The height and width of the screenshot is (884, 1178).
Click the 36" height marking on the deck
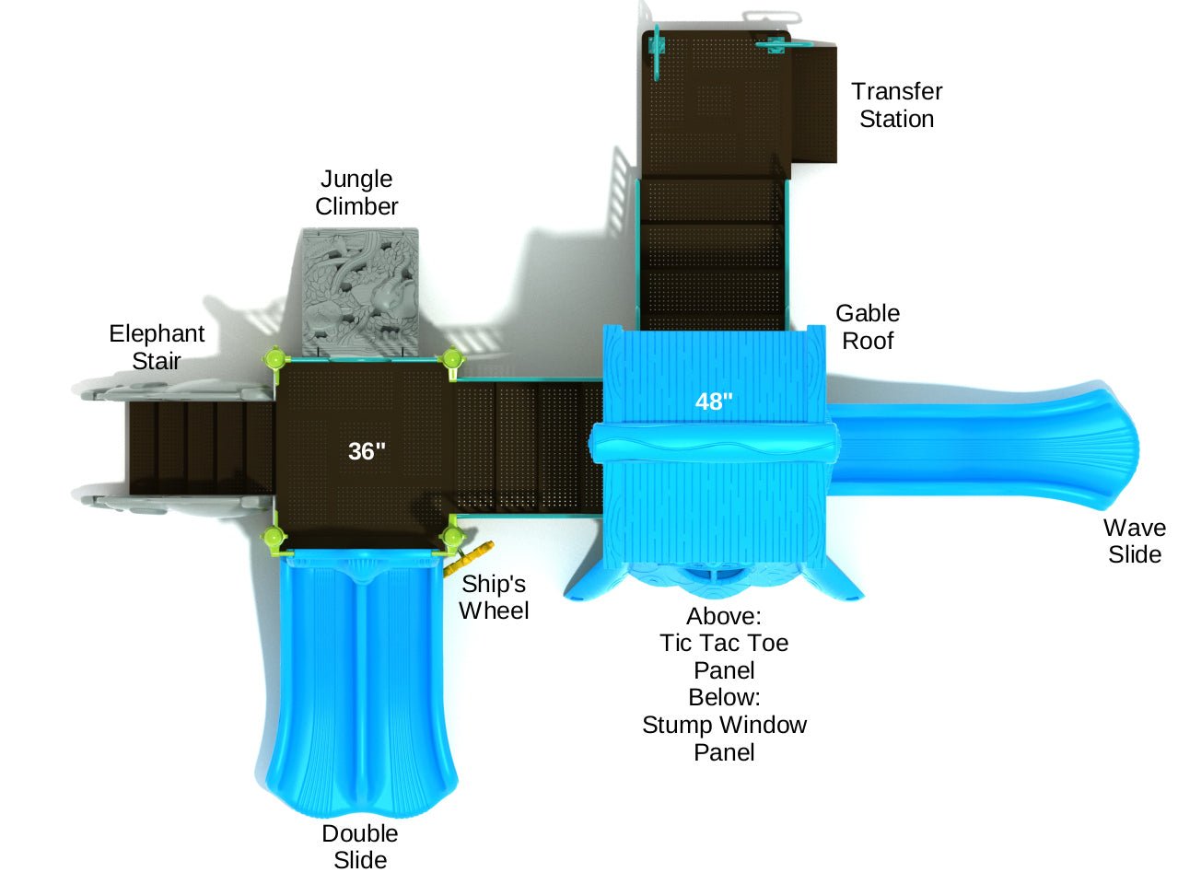pos(367,451)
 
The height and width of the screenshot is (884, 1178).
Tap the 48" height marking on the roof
pos(714,401)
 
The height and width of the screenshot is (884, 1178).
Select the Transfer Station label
pos(896,105)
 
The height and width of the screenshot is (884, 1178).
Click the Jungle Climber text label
pos(356,192)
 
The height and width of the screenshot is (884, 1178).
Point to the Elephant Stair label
pos(157,347)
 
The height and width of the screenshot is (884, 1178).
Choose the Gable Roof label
pos(868,327)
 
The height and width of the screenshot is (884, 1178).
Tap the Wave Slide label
pos(1135,541)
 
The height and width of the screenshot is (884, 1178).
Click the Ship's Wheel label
pos(494,597)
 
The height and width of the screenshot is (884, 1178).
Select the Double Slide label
pos(360,846)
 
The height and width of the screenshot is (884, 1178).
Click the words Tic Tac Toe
pos(724,643)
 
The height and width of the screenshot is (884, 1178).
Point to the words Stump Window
pos(724,725)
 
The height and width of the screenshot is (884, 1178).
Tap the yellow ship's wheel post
pos(467,558)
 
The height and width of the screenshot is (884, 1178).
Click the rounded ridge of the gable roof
pos(712,444)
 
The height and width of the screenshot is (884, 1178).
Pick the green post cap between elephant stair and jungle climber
pos(274,357)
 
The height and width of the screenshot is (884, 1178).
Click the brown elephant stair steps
pos(198,448)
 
